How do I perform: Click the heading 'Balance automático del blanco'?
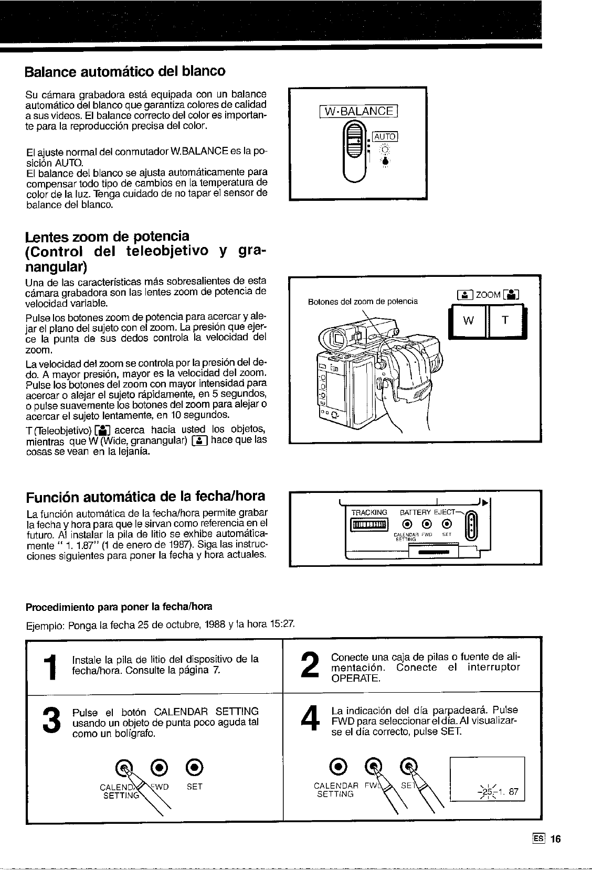pyautogui.click(x=125, y=71)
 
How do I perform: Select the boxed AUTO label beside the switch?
pyautogui.click(x=385, y=137)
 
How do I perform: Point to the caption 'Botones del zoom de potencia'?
pyautogui.click(x=363, y=302)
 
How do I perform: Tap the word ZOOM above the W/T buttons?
pyautogui.click(x=488, y=295)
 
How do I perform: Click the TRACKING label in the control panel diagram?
pyautogui.click(x=369, y=512)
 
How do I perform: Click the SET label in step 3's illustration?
pyautogui.click(x=194, y=787)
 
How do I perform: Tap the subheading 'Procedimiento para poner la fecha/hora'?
pyautogui.click(x=119, y=607)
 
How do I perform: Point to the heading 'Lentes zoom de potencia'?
pyautogui.click(x=108, y=236)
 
